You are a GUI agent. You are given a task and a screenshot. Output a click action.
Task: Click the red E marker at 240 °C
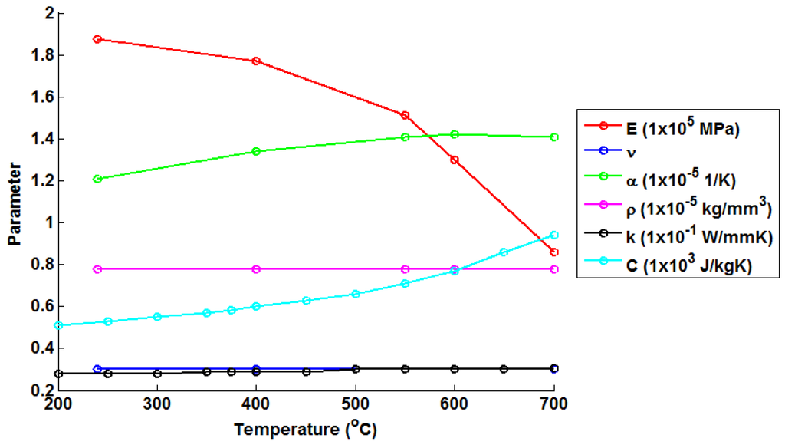[97, 39]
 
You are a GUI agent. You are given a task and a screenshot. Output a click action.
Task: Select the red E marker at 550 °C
[405, 115]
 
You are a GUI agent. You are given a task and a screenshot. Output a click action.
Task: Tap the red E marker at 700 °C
[553, 252]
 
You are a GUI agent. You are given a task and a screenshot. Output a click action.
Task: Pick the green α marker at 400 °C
[256, 151]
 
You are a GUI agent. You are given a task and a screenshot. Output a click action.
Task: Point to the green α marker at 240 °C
[97, 179]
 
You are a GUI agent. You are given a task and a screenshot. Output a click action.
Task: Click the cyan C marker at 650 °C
[504, 252]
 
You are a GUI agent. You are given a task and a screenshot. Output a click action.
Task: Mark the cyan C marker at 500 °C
[355, 294]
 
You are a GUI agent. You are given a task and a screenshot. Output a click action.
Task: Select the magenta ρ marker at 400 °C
[256, 269]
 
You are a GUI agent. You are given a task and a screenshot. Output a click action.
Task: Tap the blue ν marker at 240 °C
[97, 369]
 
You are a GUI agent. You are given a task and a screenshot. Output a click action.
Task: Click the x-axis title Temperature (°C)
[305, 430]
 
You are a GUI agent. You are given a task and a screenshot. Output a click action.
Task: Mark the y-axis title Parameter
[13, 202]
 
